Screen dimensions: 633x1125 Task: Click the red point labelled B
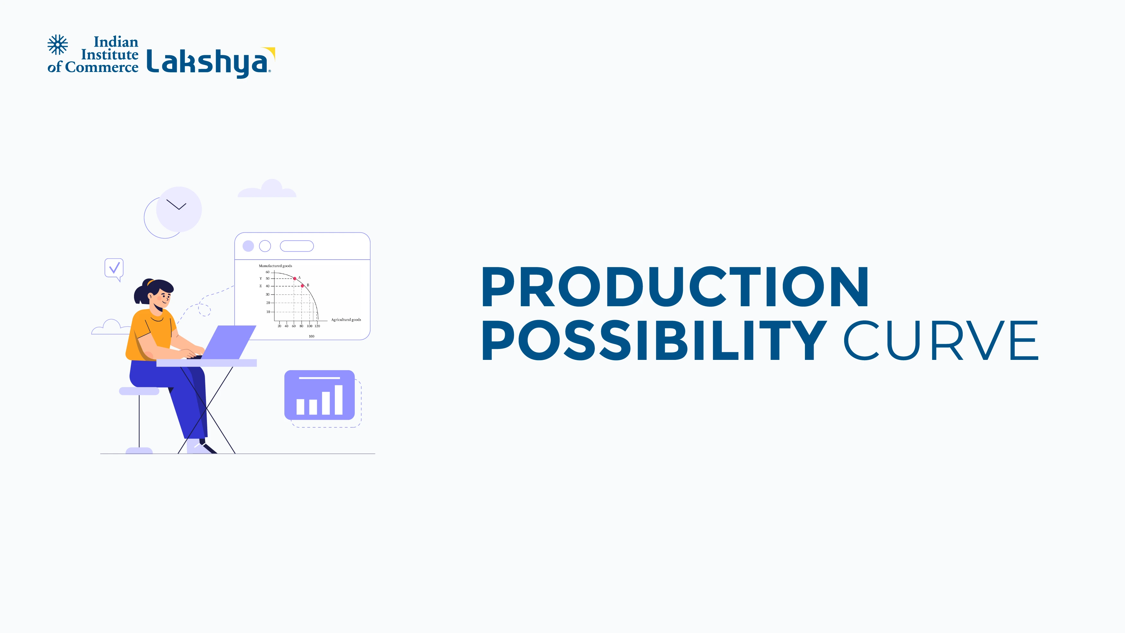[302, 286]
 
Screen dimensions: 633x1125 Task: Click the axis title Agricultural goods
[346, 320]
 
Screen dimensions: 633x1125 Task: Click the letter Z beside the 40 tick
[261, 286]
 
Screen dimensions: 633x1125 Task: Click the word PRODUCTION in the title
[675, 287]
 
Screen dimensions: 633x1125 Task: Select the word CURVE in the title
[940, 341]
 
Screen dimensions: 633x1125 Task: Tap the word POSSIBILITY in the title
[654, 341]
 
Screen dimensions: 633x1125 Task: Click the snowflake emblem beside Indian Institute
[58, 45]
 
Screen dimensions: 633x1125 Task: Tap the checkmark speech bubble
[114, 268]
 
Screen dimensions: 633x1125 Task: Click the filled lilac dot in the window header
[248, 246]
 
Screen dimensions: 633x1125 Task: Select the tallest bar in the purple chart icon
[338, 399]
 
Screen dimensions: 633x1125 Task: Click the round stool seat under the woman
[139, 391]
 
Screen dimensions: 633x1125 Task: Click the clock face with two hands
[179, 209]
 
